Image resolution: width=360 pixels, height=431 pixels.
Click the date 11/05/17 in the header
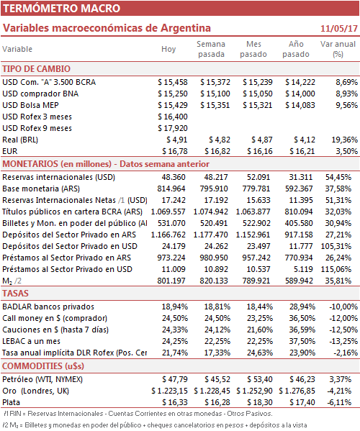(339, 28)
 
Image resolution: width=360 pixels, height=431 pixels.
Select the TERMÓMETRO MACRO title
(62, 8)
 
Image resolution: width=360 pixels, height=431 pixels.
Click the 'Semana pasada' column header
(211, 49)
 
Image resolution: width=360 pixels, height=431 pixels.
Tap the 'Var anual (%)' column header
(338, 49)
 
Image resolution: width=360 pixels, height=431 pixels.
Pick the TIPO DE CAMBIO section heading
(36, 69)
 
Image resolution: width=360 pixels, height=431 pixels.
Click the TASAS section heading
(15, 294)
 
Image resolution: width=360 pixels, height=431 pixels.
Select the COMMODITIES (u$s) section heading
(43, 366)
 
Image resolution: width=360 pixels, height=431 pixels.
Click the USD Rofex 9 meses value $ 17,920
(173, 128)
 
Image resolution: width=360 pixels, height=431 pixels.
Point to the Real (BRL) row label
(20, 140)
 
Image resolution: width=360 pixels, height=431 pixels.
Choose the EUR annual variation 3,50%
(346, 151)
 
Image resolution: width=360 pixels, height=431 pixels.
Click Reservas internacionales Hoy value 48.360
(174, 177)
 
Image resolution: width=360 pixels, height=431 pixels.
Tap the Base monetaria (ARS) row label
(41, 189)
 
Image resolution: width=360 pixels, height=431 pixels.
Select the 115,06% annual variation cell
(336, 269)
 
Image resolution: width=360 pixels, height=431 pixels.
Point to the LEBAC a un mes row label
(32, 341)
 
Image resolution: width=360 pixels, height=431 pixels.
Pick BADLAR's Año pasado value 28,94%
(302, 307)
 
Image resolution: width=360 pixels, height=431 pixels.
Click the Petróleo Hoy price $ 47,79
(175, 380)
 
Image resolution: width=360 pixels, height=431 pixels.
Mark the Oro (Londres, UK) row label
(35, 391)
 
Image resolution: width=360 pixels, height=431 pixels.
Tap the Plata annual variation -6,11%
(339, 403)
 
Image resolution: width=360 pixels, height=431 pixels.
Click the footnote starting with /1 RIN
(138, 414)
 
